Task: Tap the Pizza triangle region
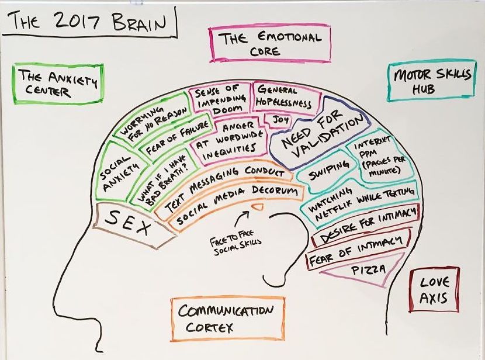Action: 365,269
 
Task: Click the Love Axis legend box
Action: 434,290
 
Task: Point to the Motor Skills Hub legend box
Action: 431,81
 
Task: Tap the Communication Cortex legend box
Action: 228,319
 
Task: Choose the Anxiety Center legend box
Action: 58,84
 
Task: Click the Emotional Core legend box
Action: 270,44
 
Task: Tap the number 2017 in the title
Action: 75,21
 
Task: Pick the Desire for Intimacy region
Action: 365,225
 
